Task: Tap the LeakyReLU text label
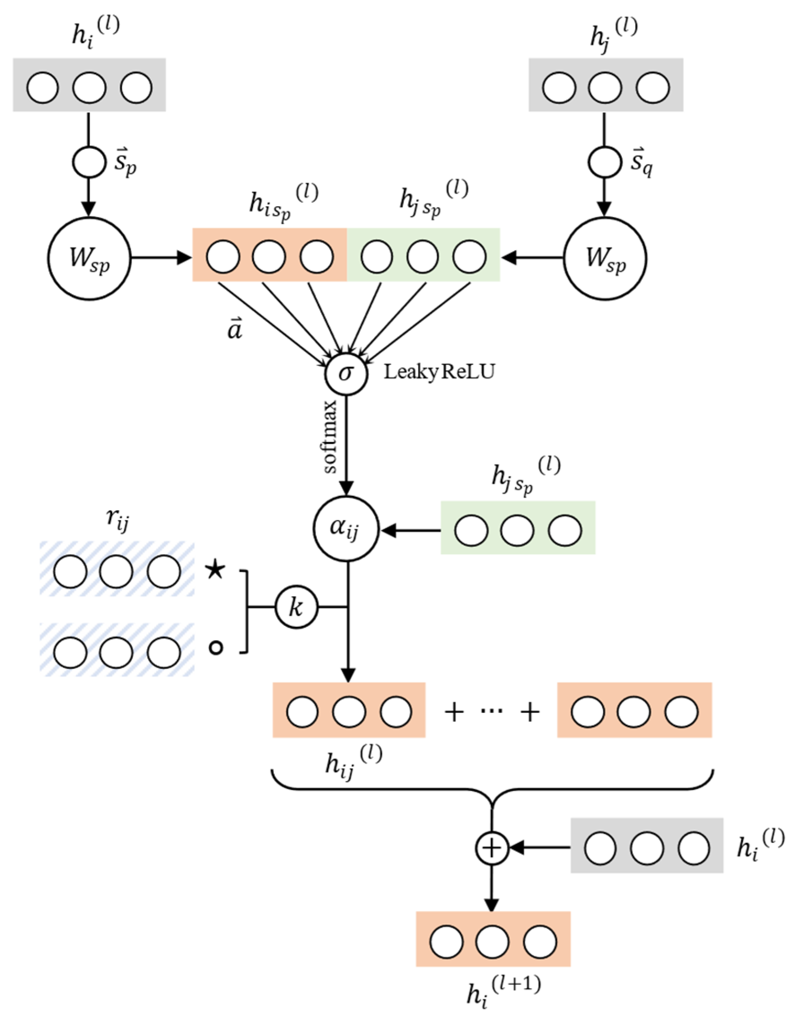pos(439,372)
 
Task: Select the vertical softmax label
pos(331,437)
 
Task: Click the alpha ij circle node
pos(346,529)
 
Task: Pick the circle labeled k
pos(296,608)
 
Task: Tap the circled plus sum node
pos(491,848)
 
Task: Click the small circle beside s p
pos(89,162)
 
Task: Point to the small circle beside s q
pos(604,162)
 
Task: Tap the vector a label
pos(234,330)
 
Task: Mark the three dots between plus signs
pos(491,711)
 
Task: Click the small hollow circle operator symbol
pos(215,648)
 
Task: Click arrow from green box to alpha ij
pos(411,531)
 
